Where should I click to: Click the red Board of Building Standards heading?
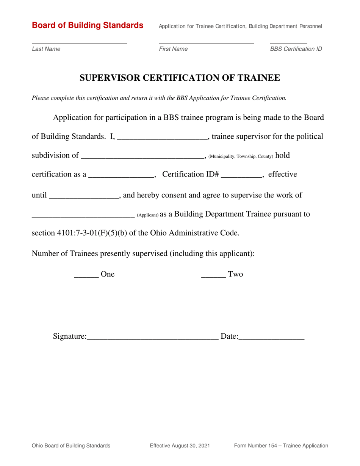(88, 25)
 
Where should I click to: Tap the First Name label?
(173, 49)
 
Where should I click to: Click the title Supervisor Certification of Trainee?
(180, 78)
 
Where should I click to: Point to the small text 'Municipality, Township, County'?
(241, 156)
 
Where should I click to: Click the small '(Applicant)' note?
(147, 215)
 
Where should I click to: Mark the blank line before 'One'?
(86, 276)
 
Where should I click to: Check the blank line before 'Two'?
(213, 276)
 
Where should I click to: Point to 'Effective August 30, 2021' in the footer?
(180, 446)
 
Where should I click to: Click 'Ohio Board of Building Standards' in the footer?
(71, 446)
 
